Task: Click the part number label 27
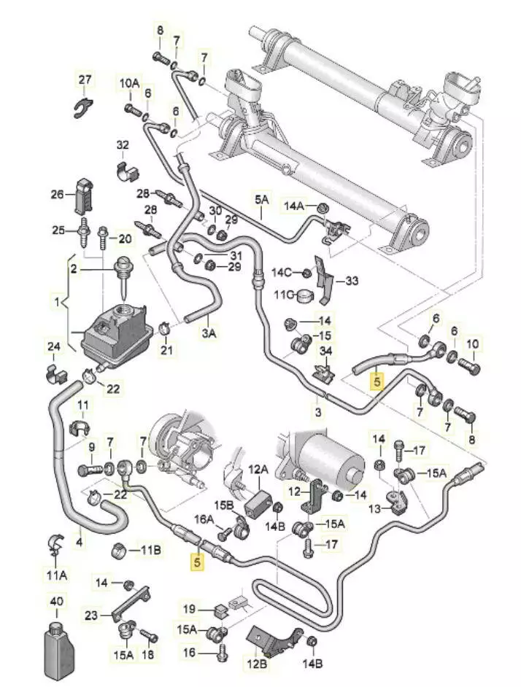tap(85, 79)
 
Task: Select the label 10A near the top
tap(129, 84)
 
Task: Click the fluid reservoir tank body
tap(117, 335)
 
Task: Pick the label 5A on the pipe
tap(261, 198)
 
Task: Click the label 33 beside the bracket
tap(352, 280)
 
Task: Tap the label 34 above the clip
tap(325, 352)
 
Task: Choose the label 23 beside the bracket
tap(90, 616)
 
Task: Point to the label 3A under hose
tap(209, 333)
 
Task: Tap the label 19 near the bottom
tap(189, 608)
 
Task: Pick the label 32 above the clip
tap(122, 145)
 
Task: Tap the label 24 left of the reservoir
tap(55, 346)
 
